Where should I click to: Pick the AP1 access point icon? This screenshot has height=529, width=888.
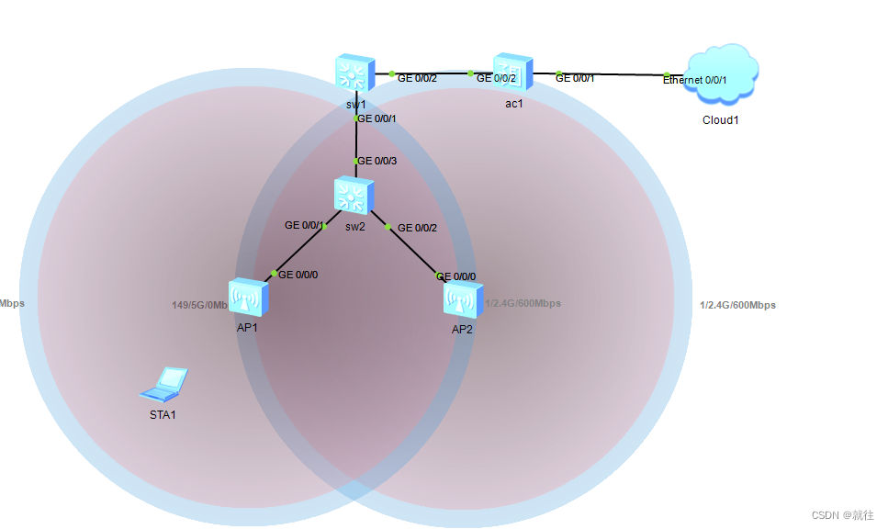(x=247, y=298)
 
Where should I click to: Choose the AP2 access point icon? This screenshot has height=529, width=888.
(x=462, y=300)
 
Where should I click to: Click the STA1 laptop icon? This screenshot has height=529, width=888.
(x=165, y=385)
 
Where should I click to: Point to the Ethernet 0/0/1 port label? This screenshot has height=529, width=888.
(x=695, y=81)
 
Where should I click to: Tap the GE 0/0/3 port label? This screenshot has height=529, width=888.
(x=377, y=161)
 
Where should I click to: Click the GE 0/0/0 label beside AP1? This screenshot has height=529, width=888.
(x=298, y=275)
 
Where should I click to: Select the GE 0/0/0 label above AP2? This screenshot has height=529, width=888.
(x=456, y=276)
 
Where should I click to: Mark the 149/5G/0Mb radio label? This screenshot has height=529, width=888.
(x=199, y=305)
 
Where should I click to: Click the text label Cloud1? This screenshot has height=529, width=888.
(x=720, y=120)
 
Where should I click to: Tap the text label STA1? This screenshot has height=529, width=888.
(x=163, y=415)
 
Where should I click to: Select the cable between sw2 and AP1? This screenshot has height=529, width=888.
(x=299, y=249)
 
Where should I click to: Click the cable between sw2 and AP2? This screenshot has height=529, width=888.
(x=413, y=250)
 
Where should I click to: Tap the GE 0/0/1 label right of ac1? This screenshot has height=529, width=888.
(x=575, y=78)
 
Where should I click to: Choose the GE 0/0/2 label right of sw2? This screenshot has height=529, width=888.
(x=417, y=227)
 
